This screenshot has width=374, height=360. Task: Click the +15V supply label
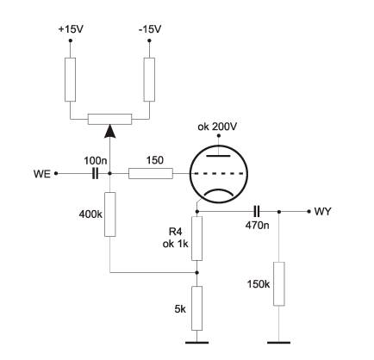[x=71, y=29]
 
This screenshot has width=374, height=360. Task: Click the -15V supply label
[x=150, y=29]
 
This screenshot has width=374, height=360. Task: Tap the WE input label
[x=42, y=174]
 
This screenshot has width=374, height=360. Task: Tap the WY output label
[x=322, y=212]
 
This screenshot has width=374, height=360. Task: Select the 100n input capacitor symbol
[x=95, y=174]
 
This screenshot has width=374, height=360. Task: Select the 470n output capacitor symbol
[x=257, y=212]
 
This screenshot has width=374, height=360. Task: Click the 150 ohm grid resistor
[x=151, y=174]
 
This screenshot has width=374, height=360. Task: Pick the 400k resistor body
[x=110, y=214]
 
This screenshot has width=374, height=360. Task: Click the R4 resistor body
[x=196, y=239]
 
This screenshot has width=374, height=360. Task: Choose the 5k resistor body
[x=196, y=308]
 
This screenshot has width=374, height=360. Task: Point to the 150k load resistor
[x=279, y=283]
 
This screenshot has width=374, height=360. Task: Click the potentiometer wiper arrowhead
[x=110, y=131]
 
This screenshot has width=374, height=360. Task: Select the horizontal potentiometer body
[x=110, y=119]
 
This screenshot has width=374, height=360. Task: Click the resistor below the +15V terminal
[x=71, y=79]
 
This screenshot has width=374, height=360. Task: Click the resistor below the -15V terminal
[x=149, y=79]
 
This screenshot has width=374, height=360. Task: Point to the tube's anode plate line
[x=219, y=156]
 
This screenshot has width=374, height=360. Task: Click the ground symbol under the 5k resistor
[x=196, y=342]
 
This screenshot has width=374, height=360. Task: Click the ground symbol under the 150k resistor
[x=279, y=342]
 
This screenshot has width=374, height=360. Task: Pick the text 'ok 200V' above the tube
[x=217, y=127]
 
